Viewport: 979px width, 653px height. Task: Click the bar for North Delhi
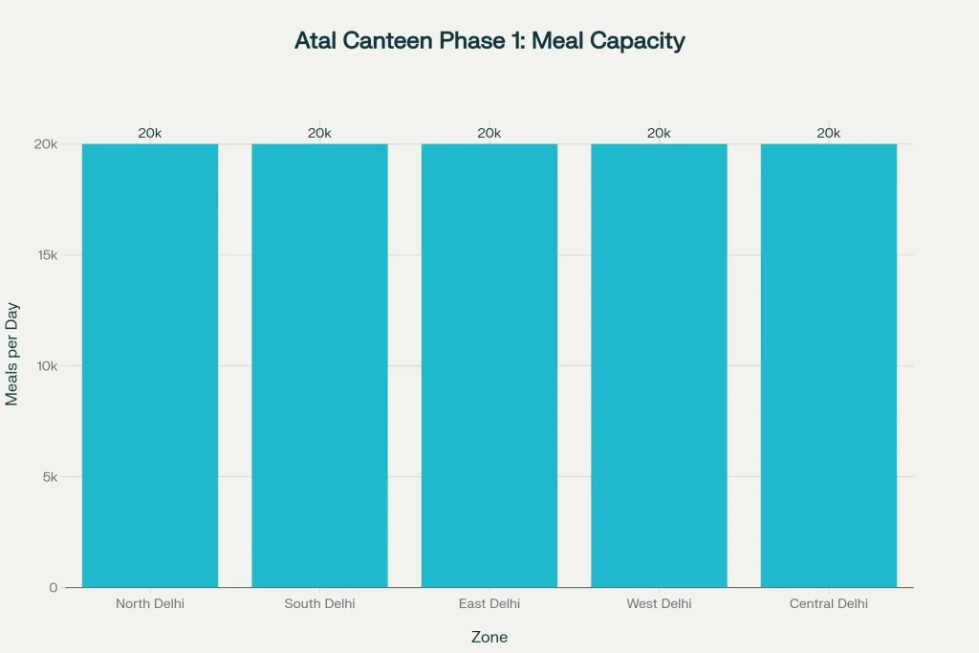point(150,365)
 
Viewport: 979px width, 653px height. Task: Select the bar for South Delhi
point(319,365)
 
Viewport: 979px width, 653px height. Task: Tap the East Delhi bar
point(489,365)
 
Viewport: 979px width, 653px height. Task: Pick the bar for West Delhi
point(659,365)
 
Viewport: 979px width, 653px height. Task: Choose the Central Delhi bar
point(829,365)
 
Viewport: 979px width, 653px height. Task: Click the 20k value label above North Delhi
point(150,133)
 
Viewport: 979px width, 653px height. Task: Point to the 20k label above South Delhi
point(319,133)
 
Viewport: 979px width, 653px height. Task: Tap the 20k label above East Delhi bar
point(489,133)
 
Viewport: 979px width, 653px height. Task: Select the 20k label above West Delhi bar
point(659,133)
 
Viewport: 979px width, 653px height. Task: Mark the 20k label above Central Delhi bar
point(829,133)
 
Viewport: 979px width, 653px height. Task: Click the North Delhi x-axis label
point(150,603)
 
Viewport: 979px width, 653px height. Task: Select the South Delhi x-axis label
point(319,603)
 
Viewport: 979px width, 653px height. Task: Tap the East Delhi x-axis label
point(489,603)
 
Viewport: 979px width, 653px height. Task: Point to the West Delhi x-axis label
point(659,603)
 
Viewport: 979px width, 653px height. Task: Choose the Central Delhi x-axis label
point(829,603)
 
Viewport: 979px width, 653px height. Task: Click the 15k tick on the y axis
point(47,255)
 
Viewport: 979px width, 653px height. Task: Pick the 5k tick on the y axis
point(50,477)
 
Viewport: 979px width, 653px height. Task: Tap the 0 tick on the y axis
point(54,587)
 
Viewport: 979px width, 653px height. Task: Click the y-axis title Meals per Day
point(12,355)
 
